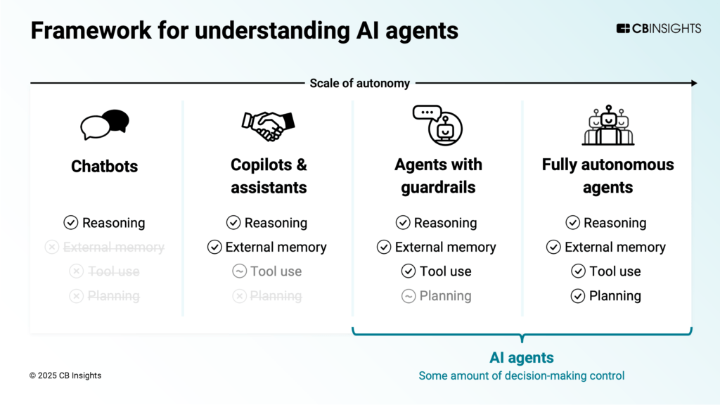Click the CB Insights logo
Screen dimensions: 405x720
pyautogui.click(x=658, y=29)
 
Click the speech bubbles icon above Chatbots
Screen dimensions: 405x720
pyautogui.click(x=105, y=124)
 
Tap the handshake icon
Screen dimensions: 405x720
pyautogui.click(x=268, y=124)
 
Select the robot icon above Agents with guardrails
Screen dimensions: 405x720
pyautogui.click(x=437, y=125)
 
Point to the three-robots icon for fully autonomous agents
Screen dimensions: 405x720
pyautogui.click(x=608, y=125)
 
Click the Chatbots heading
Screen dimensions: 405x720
pyautogui.click(x=105, y=167)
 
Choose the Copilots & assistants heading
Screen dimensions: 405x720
pyautogui.click(x=269, y=176)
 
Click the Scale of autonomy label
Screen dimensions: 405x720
pyautogui.click(x=359, y=83)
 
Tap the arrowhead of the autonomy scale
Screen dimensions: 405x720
pyautogui.click(x=693, y=83)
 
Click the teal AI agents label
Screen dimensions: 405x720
pyautogui.click(x=522, y=357)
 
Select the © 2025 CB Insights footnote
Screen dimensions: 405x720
pyautogui.click(x=65, y=375)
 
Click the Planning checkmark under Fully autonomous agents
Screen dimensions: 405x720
pyautogui.click(x=578, y=296)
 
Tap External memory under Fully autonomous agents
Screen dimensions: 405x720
pyautogui.click(x=615, y=247)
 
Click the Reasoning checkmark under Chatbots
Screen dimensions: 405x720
pyautogui.click(x=70, y=223)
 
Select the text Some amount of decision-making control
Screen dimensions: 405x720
pyautogui.click(x=522, y=375)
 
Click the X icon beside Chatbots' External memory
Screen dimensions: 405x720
pyautogui.click(x=51, y=247)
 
